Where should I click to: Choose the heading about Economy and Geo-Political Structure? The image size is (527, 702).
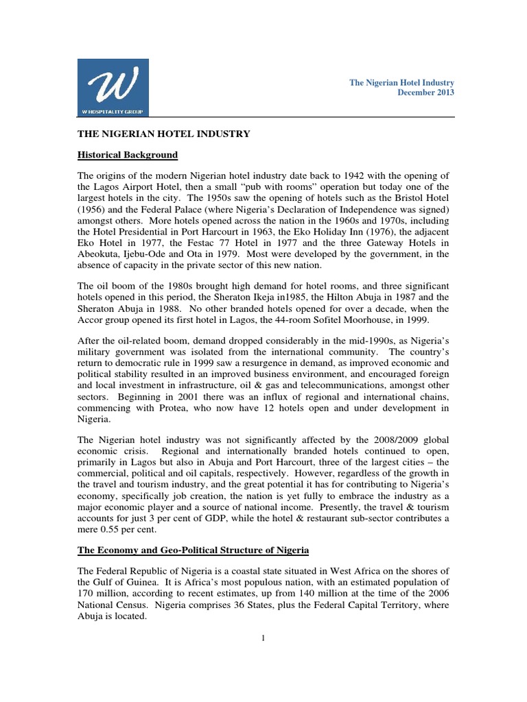[x=194, y=550]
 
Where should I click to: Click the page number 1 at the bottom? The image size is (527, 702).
[x=263, y=638]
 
